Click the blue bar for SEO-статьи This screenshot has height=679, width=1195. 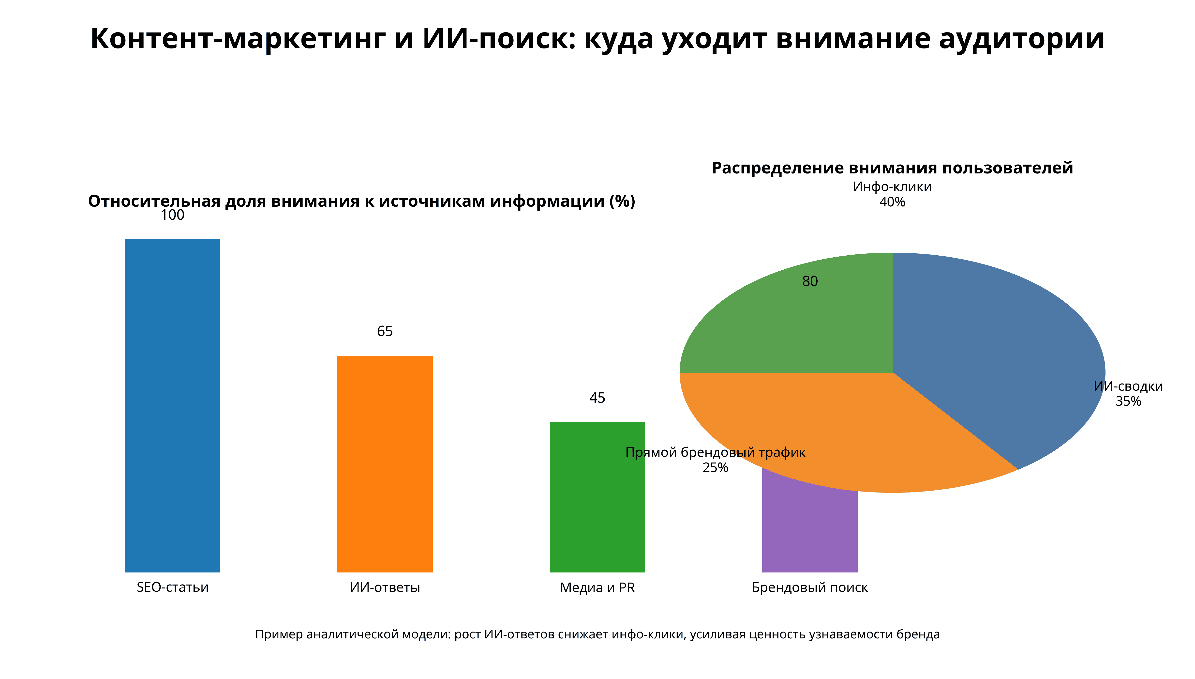tap(172, 406)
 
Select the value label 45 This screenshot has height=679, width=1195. tap(597, 398)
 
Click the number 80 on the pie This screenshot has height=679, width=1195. tap(809, 281)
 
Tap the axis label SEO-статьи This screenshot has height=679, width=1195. tap(172, 587)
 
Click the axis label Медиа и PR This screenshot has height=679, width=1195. tap(597, 587)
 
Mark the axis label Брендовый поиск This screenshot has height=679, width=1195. tap(809, 587)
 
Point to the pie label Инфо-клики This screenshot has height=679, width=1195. tap(892, 186)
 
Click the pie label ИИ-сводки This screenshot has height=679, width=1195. tap(1128, 386)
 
